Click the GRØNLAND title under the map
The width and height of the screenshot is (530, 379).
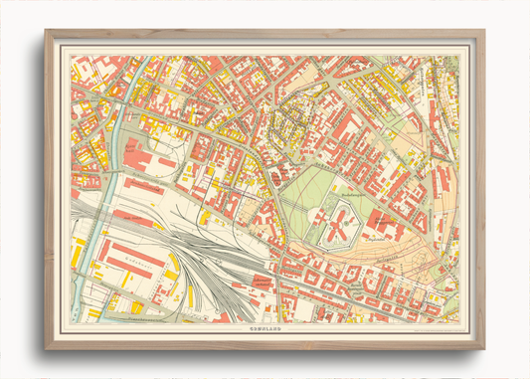pos(265,326)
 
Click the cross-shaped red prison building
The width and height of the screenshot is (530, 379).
pos(341,216)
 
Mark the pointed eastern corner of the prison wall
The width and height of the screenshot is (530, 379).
pos(372,221)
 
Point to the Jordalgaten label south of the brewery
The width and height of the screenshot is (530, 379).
pos(398,249)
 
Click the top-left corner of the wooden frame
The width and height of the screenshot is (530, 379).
pos(46,31)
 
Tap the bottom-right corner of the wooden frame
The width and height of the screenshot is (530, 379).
pos(484,348)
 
